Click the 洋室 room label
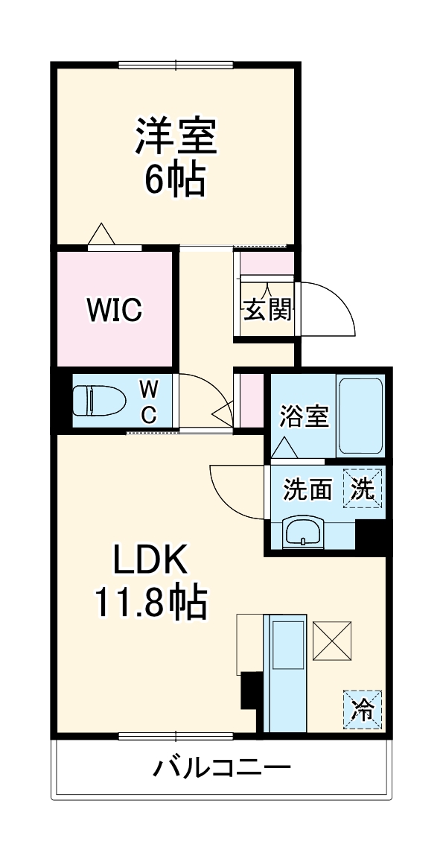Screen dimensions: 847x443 pyautogui.click(x=176, y=136)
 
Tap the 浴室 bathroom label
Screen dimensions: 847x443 pyautogui.click(x=305, y=417)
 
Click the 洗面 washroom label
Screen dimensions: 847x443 pyautogui.click(x=307, y=489)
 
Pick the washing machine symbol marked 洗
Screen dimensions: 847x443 pyautogui.click(x=363, y=488)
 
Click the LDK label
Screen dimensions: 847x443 pyautogui.click(x=153, y=559)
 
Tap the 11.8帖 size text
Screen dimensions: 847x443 pyautogui.click(x=150, y=603)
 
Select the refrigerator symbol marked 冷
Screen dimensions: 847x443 pyautogui.click(x=363, y=708)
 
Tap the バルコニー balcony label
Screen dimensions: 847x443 pyautogui.click(x=222, y=767)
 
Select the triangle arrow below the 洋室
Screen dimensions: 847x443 pyautogui.click(x=101, y=234)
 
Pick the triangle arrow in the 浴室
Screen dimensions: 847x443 pyautogui.click(x=284, y=448)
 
